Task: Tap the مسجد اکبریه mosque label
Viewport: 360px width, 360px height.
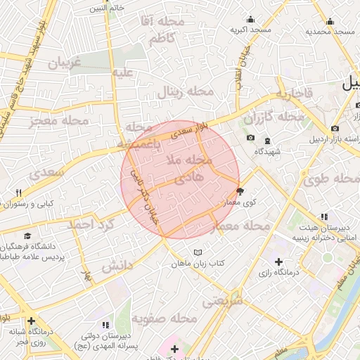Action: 250,30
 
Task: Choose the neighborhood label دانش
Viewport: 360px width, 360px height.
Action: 117,266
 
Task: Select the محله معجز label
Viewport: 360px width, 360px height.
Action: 60,122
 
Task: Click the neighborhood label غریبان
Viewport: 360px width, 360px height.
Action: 65,63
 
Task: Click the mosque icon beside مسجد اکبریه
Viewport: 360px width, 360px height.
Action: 250,19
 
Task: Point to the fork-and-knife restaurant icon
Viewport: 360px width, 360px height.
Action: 20,193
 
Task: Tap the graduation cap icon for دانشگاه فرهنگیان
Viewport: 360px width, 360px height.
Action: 27,236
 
